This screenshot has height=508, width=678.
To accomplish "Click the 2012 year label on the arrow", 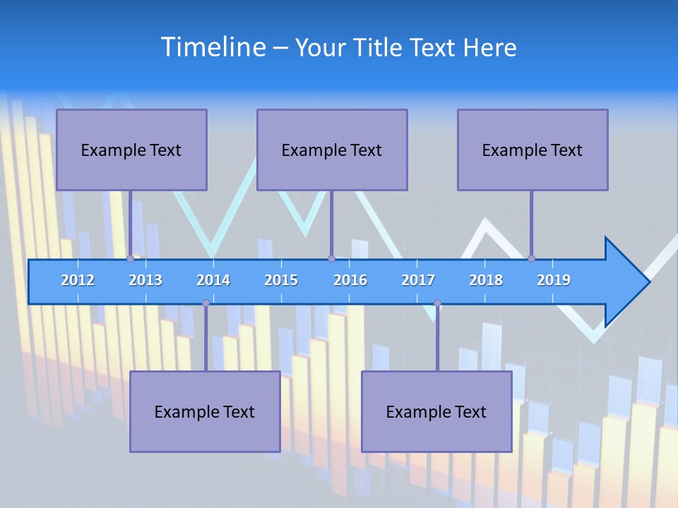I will (x=78, y=280).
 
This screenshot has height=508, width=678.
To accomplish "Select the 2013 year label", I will (x=145, y=280).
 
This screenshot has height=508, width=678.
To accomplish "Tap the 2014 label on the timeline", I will (x=213, y=280).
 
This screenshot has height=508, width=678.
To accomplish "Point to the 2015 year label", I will (x=281, y=280).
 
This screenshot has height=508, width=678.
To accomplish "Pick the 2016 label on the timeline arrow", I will (x=350, y=280).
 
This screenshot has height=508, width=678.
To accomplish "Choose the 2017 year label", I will (x=418, y=280).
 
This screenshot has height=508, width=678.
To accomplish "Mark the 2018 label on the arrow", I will (x=486, y=280).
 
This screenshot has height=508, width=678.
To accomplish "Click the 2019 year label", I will (x=554, y=280).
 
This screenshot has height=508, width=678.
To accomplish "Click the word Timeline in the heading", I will (x=213, y=47).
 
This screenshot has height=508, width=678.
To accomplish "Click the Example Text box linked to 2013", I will (x=131, y=150).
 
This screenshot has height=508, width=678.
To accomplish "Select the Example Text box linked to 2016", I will (x=332, y=150).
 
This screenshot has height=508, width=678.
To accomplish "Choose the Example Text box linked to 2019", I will (x=533, y=150).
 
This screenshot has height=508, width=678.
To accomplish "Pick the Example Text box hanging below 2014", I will (x=205, y=411).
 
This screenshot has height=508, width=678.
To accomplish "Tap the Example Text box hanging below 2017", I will (x=436, y=411).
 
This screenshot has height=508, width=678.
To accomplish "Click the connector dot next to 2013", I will (x=130, y=258).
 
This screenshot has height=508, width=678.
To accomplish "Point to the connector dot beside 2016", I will (x=331, y=258).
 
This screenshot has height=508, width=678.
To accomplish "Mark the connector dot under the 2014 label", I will (x=206, y=303).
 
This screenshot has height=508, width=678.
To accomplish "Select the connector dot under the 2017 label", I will (x=437, y=303).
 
